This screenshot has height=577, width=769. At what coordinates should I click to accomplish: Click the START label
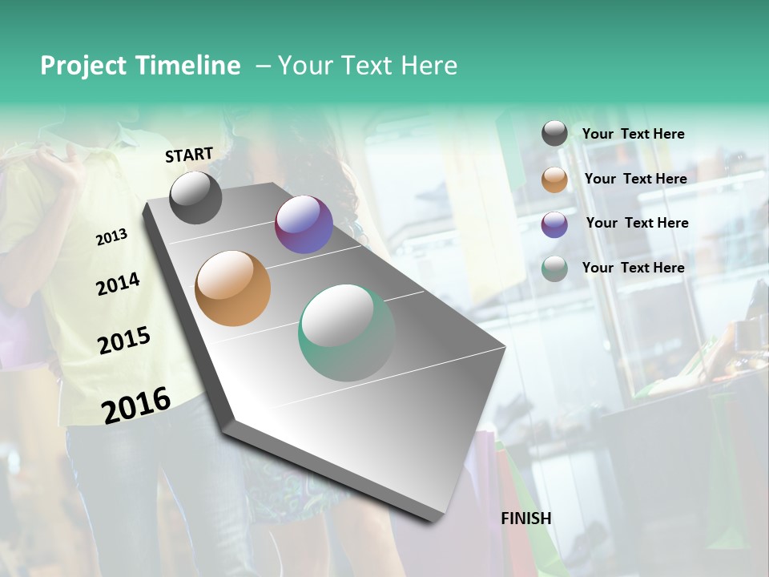coord(189,155)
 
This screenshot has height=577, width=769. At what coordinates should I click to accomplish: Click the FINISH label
coord(526,518)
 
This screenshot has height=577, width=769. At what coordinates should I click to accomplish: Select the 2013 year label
coord(111,237)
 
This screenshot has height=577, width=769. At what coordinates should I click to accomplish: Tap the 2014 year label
coord(118,284)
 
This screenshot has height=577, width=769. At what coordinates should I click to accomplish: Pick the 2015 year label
coord(124,341)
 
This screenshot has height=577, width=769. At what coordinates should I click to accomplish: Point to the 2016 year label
coord(136,405)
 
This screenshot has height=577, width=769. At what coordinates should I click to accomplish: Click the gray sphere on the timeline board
coord(195,198)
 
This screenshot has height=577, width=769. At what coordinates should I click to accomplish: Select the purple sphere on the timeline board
coord(304,224)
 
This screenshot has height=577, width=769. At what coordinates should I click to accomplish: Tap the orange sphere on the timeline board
coord(232,288)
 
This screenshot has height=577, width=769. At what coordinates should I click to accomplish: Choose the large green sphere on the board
coord(347,333)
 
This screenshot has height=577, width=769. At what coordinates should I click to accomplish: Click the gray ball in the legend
coord(554,134)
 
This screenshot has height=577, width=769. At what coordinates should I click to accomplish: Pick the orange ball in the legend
coord(554,180)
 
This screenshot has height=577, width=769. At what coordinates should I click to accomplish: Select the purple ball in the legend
coord(554,224)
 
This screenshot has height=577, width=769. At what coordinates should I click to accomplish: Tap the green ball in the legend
coord(554,268)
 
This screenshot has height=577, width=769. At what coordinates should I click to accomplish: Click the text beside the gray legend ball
coord(633,134)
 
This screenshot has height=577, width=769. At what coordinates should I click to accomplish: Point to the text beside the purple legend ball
coord(637,223)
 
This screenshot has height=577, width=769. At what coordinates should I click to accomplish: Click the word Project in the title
coord(84,66)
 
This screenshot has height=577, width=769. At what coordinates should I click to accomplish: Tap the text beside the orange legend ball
coord(635,179)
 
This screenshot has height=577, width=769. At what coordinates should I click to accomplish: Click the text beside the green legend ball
coord(633,268)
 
